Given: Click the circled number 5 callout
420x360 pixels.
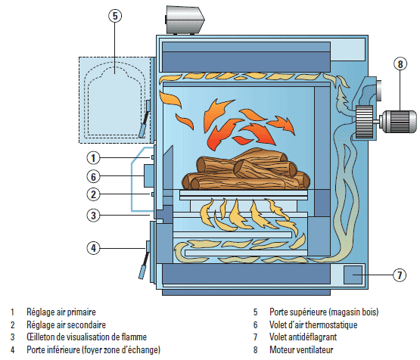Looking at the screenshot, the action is pos(115,16).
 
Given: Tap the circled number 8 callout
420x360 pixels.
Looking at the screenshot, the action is pos(400,64).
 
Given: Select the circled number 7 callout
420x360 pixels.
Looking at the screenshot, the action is pos(400,275).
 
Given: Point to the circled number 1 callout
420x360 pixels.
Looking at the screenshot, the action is pos(93,157).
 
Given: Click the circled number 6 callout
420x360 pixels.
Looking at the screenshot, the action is pos(93,176).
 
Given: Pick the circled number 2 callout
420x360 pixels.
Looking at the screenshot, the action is pos(93,194).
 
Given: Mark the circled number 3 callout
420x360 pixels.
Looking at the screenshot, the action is pos(93,216).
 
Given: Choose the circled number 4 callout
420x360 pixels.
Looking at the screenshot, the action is pos(93,248).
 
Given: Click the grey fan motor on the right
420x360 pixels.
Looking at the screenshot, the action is pos(399,122).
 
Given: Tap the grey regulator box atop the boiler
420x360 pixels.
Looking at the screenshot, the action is pos(185,20).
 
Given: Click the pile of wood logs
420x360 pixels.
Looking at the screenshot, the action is pos(246,169).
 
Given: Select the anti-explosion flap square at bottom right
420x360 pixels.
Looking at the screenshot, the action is pos(353,275).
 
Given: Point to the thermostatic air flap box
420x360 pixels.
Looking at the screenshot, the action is pos(149,176).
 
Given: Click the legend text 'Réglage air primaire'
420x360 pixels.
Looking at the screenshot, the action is pos(61,312).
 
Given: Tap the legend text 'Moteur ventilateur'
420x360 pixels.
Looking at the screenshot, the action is pos(301,350).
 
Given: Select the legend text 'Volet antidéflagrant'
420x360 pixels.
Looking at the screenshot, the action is pos(303,337).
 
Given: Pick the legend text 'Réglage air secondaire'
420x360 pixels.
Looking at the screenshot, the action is pos(66,325).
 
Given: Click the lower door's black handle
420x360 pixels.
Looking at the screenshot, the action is pos(144,265).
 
